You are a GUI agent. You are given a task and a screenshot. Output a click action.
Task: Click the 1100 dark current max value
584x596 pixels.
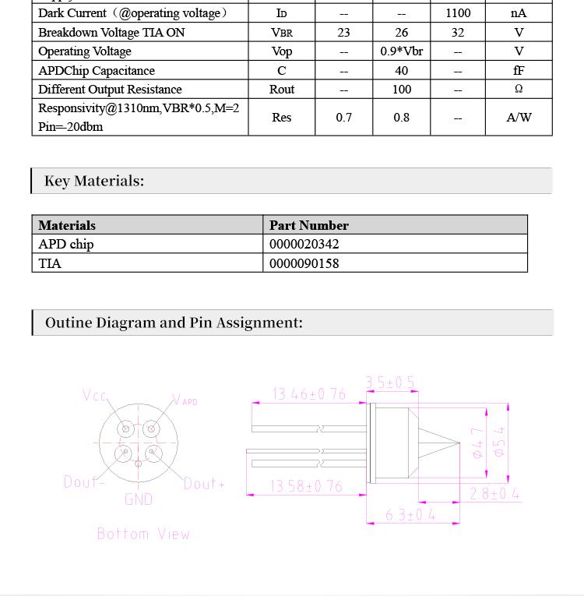(x=458, y=13)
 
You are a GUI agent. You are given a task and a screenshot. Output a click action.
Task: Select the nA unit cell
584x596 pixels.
(x=519, y=13)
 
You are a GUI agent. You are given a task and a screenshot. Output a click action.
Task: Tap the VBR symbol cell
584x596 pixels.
(x=282, y=33)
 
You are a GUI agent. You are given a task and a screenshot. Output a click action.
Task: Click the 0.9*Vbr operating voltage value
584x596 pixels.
(x=402, y=51)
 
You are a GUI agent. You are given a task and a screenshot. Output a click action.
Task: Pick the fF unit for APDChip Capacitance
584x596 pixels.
(x=519, y=70)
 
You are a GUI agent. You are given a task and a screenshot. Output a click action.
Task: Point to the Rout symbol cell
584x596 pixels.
(x=282, y=90)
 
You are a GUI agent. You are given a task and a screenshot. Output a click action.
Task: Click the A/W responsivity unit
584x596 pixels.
(x=519, y=118)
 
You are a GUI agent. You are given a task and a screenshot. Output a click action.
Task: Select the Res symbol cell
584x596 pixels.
(x=282, y=118)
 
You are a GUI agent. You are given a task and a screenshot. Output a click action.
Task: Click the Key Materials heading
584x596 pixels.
(x=94, y=181)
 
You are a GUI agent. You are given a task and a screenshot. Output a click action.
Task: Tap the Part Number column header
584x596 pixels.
(x=309, y=225)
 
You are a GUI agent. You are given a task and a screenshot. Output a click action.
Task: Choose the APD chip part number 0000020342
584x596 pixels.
(x=304, y=244)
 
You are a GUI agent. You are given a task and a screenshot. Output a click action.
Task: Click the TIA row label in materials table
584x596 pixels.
(x=50, y=263)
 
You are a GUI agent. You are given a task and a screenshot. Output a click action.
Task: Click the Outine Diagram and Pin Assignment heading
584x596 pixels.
(x=174, y=323)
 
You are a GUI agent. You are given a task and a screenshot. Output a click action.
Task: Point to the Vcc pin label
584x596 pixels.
(x=95, y=396)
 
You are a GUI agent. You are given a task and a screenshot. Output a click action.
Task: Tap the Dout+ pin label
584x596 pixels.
(x=204, y=484)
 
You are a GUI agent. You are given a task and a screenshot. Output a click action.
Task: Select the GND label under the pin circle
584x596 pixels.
(x=139, y=499)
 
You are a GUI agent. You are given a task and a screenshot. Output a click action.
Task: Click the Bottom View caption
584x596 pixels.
(x=143, y=534)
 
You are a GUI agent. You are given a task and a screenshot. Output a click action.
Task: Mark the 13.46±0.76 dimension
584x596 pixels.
(x=309, y=394)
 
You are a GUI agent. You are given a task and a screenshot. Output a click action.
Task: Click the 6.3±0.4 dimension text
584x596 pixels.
(x=410, y=515)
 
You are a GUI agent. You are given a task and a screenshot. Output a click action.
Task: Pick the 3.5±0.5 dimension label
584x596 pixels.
(x=390, y=383)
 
